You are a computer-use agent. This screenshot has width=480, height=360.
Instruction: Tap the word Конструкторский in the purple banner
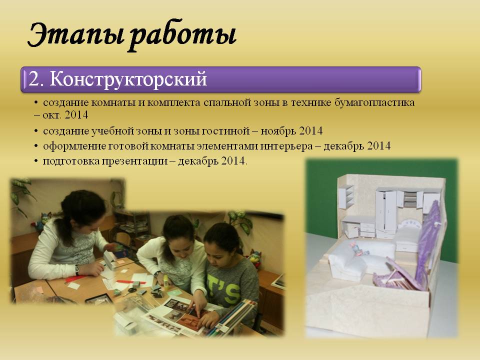(x=128, y=79)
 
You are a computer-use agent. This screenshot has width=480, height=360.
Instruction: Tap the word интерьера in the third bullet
(x=286, y=146)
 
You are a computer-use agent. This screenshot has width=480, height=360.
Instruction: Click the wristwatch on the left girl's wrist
(x=77, y=270)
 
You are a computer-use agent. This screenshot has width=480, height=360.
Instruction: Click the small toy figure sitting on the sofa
(x=357, y=249)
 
